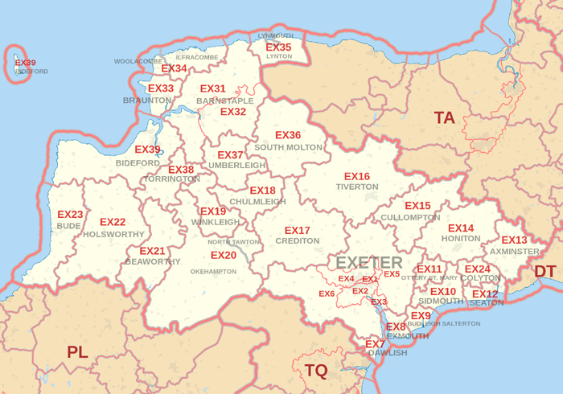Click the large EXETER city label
point(368,263)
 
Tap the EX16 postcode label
point(356,176)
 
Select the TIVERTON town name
point(357,187)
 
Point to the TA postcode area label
point(444,118)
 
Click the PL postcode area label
point(77,351)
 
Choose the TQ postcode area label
point(316,371)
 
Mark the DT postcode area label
point(545,271)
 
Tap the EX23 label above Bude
point(70,215)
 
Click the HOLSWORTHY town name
point(113,234)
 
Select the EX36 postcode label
point(288,135)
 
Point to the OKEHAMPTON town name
point(213,272)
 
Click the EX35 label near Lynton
point(278,47)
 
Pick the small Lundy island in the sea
point(18,66)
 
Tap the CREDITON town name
point(297,240)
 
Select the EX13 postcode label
point(514,240)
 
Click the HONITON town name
point(461,239)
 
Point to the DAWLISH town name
point(388,353)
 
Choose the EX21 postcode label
point(152,251)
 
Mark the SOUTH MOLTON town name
point(288,147)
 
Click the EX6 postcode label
point(327,293)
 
